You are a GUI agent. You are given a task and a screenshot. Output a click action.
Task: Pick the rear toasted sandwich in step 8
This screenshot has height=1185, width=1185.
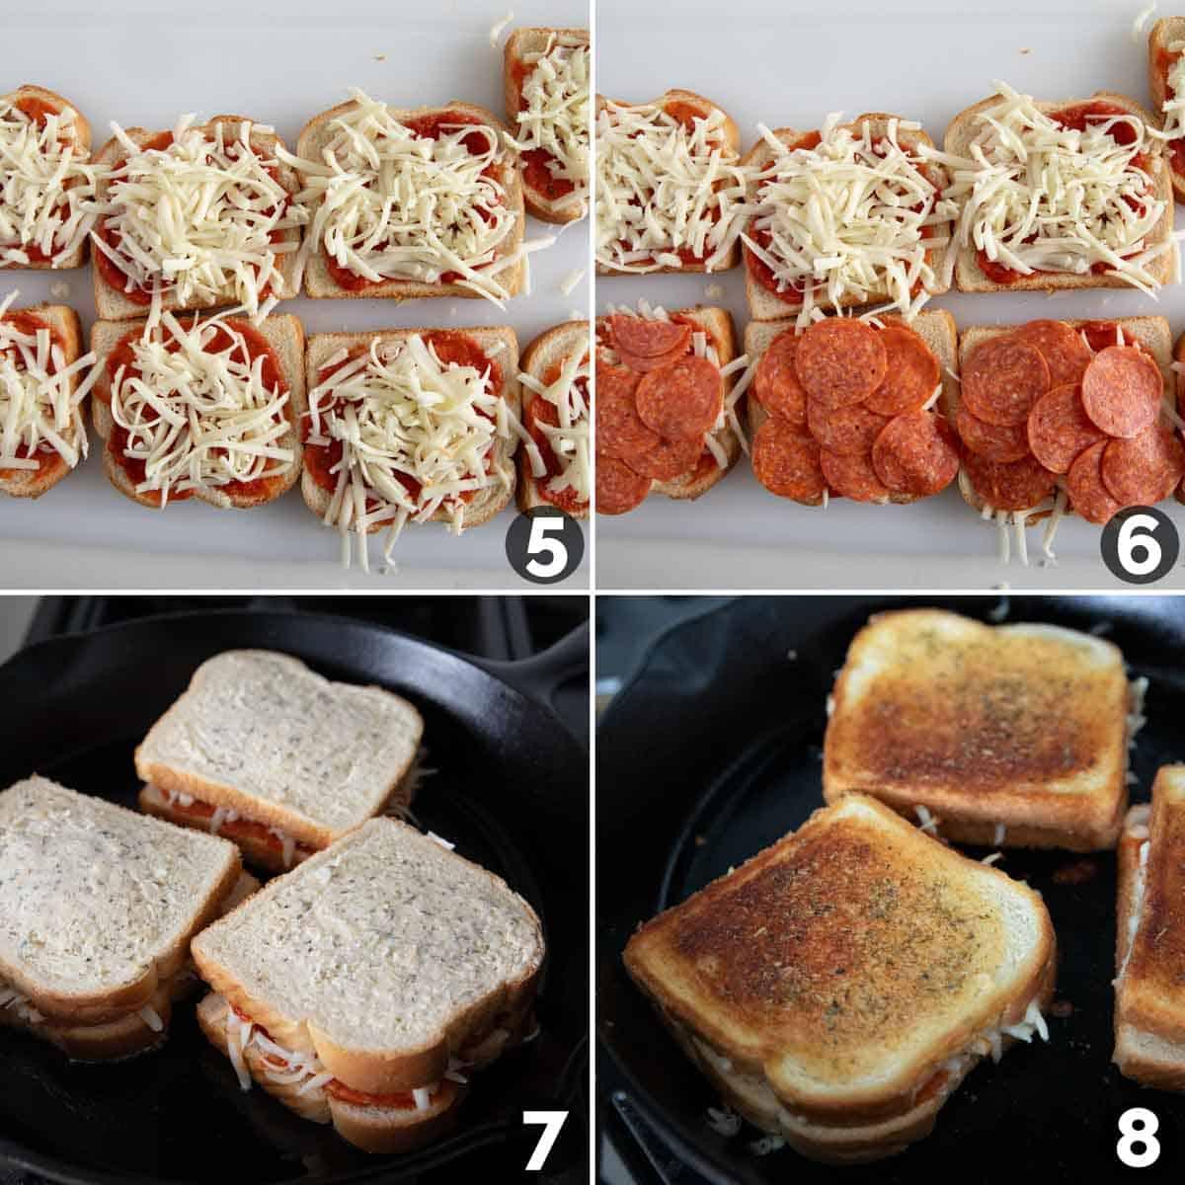(978, 721)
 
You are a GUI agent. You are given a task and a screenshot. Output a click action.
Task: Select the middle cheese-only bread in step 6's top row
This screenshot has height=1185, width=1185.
(844, 212)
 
